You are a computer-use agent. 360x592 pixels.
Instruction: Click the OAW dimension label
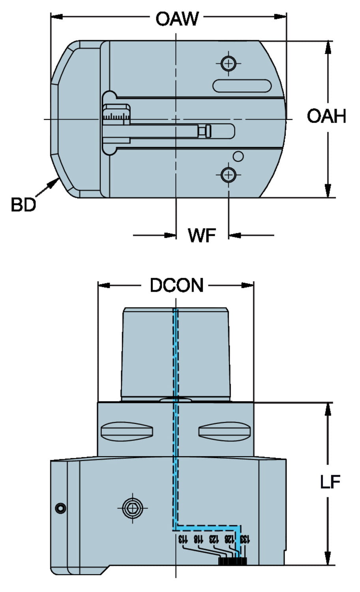click(x=177, y=18)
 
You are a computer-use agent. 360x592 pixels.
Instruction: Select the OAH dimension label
click(x=326, y=116)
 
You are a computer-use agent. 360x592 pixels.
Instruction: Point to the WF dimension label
click(x=202, y=236)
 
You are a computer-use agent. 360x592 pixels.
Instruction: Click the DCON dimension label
click(x=176, y=285)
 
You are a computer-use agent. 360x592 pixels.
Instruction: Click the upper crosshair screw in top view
click(x=228, y=63)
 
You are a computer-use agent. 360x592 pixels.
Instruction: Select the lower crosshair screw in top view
click(x=228, y=174)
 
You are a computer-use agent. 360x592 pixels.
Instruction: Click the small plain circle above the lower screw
click(x=238, y=156)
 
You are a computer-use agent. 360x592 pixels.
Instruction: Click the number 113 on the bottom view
click(x=183, y=539)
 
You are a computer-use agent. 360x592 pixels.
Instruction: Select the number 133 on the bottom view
click(x=245, y=539)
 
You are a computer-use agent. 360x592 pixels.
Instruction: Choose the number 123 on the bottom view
click(x=214, y=539)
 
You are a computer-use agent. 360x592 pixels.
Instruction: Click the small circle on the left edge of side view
click(x=60, y=508)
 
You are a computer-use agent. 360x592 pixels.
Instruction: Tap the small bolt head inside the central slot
click(x=205, y=131)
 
